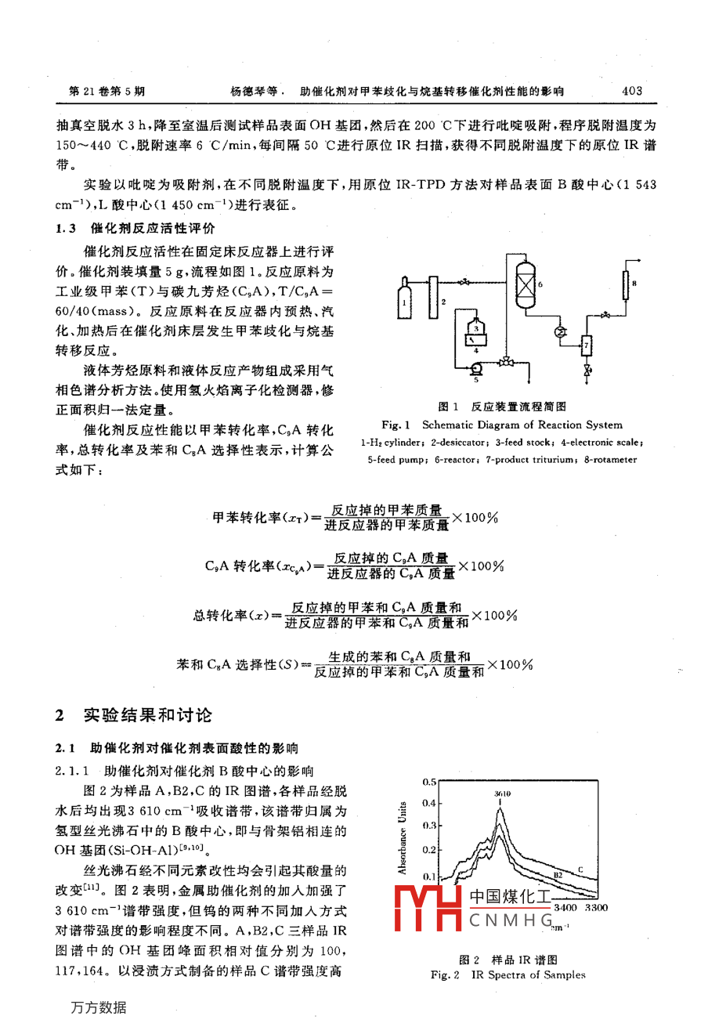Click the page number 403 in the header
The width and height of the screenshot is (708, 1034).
coord(631,91)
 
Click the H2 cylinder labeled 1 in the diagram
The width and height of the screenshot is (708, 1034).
coord(404,300)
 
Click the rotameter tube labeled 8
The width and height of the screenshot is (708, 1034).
coord(626,284)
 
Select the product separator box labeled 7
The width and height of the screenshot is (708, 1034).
coord(586,345)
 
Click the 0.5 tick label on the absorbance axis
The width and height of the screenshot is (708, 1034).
coord(429,782)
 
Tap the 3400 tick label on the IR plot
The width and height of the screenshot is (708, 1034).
coord(565,907)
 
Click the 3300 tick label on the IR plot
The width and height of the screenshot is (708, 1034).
coord(596,907)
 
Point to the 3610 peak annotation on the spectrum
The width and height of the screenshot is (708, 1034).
coord(502,794)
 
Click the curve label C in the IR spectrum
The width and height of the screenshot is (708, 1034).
coord(580,869)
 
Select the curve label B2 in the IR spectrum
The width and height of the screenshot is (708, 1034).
coord(558,875)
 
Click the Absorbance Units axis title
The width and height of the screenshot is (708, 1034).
coord(403,837)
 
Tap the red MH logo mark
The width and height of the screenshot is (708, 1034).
coord(428,909)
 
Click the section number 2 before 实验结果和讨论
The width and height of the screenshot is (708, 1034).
coord(60,715)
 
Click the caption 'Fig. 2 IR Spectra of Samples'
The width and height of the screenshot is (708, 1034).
coord(508,974)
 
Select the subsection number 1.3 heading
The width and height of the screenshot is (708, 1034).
coord(66,229)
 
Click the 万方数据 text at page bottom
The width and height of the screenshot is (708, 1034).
coord(98,1007)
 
